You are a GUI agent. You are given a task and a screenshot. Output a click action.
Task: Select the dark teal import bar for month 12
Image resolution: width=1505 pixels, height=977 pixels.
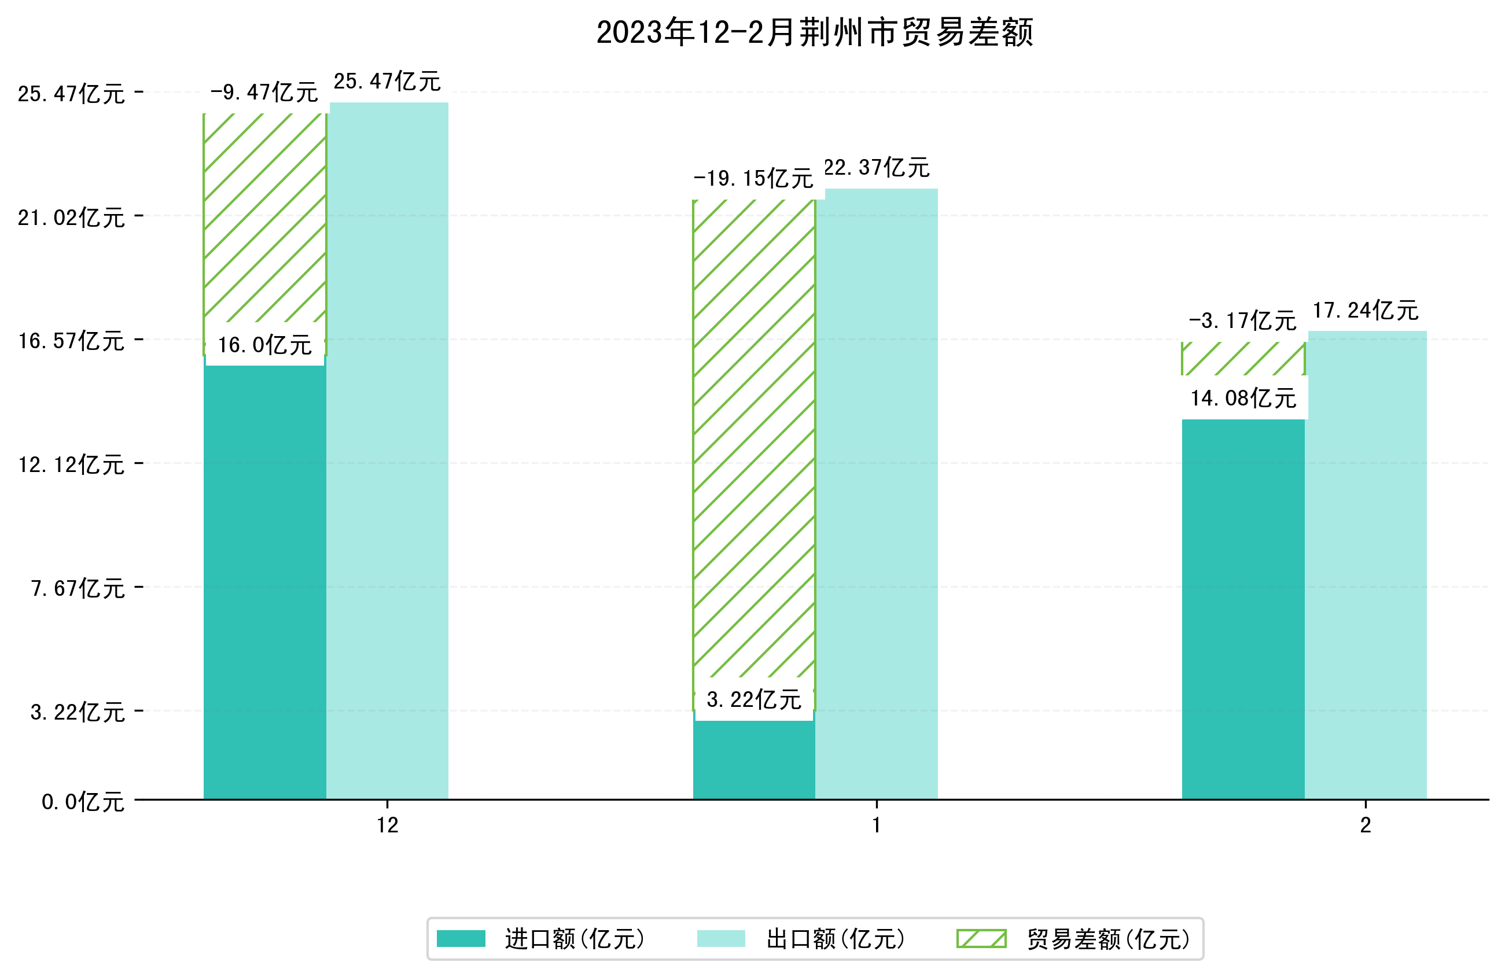point(264,582)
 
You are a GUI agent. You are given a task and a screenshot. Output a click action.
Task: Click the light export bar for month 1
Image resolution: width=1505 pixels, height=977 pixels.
point(877,493)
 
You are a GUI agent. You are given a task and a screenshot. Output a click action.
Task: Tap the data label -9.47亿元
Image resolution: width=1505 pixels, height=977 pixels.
point(264,93)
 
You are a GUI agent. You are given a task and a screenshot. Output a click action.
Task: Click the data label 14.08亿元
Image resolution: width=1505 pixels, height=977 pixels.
point(1243,399)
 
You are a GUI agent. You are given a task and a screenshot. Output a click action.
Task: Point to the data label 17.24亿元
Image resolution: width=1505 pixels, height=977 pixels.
point(1366,311)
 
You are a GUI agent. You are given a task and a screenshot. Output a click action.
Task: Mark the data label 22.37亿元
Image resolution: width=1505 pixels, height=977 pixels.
point(877,168)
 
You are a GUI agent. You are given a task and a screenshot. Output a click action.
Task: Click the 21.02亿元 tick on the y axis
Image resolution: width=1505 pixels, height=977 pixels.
point(71,218)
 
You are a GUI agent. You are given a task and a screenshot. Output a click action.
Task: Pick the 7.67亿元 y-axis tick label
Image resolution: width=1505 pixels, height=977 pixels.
point(77,589)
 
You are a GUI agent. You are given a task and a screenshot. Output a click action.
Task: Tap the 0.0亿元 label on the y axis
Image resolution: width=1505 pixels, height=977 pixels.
point(82,802)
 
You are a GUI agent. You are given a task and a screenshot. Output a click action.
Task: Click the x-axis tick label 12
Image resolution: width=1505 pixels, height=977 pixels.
point(388,825)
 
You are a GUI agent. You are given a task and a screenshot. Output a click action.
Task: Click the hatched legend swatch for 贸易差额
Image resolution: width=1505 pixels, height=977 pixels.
point(981,938)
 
